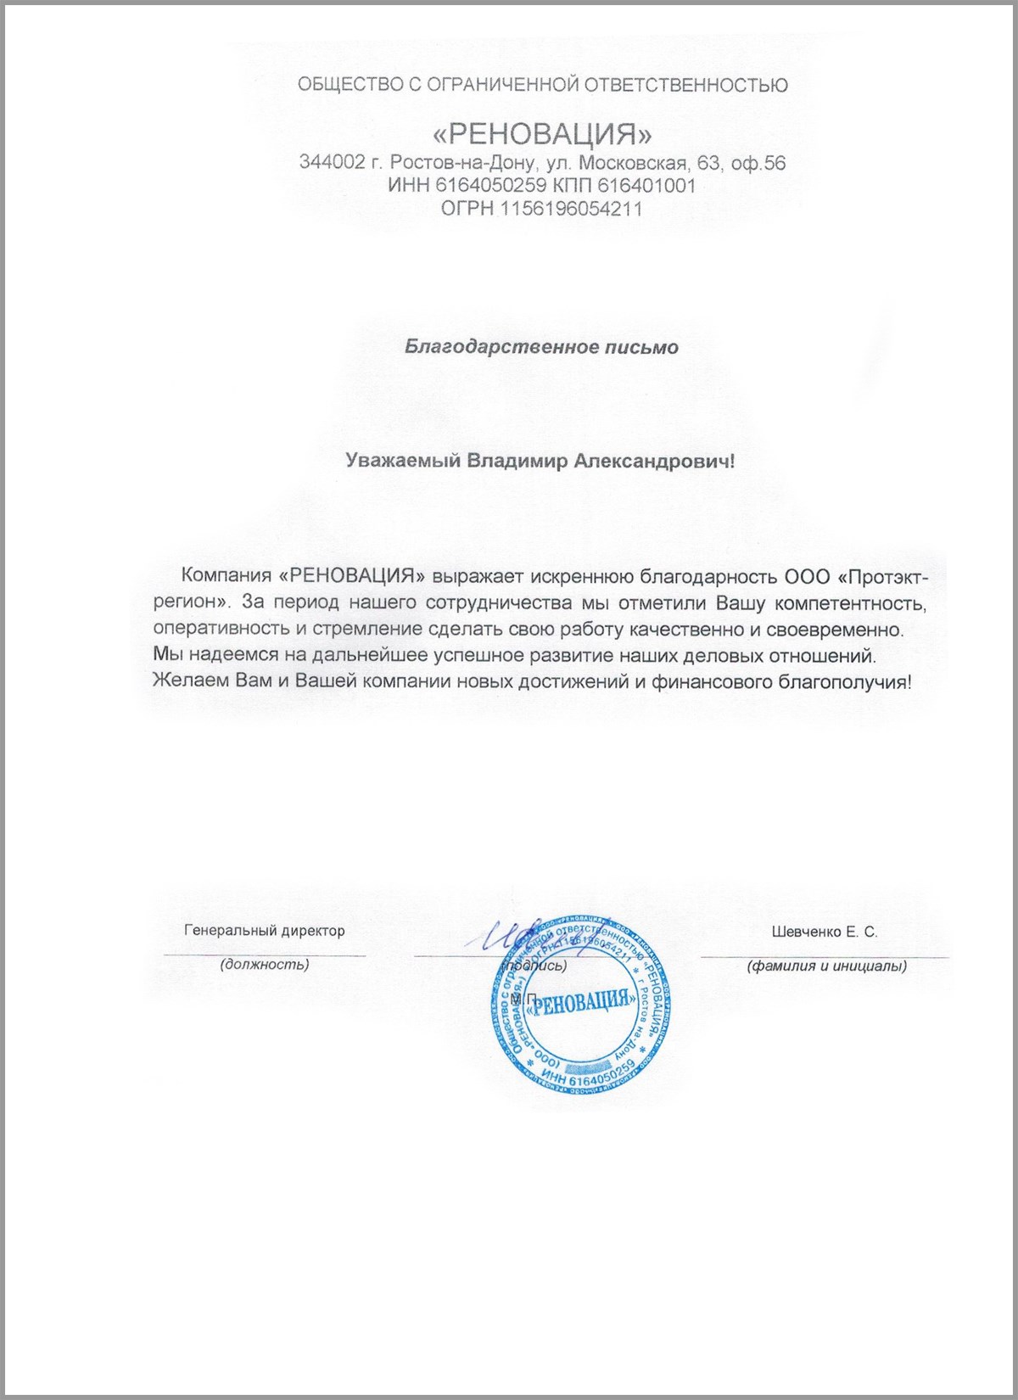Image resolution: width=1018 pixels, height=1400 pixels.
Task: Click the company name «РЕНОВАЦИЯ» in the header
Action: pyautogui.click(x=542, y=134)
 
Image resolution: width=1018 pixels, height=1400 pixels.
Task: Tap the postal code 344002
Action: pyautogui.click(x=332, y=162)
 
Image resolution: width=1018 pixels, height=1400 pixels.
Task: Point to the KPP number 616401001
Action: pyautogui.click(x=646, y=185)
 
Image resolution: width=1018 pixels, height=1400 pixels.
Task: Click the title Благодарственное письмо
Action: pyautogui.click(x=541, y=347)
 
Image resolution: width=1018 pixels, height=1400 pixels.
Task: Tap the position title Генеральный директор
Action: pyautogui.click(x=265, y=931)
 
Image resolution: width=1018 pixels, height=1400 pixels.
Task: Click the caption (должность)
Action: pyautogui.click(x=265, y=965)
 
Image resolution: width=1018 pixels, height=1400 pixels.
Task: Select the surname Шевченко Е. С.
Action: pyautogui.click(x=824, y=932)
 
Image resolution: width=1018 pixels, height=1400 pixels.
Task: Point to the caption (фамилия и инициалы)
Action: pyautogui.click(x=826, y=966)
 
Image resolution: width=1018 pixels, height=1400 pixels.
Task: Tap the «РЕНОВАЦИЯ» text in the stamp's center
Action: pyautogui.click(x=582, y=1002)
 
